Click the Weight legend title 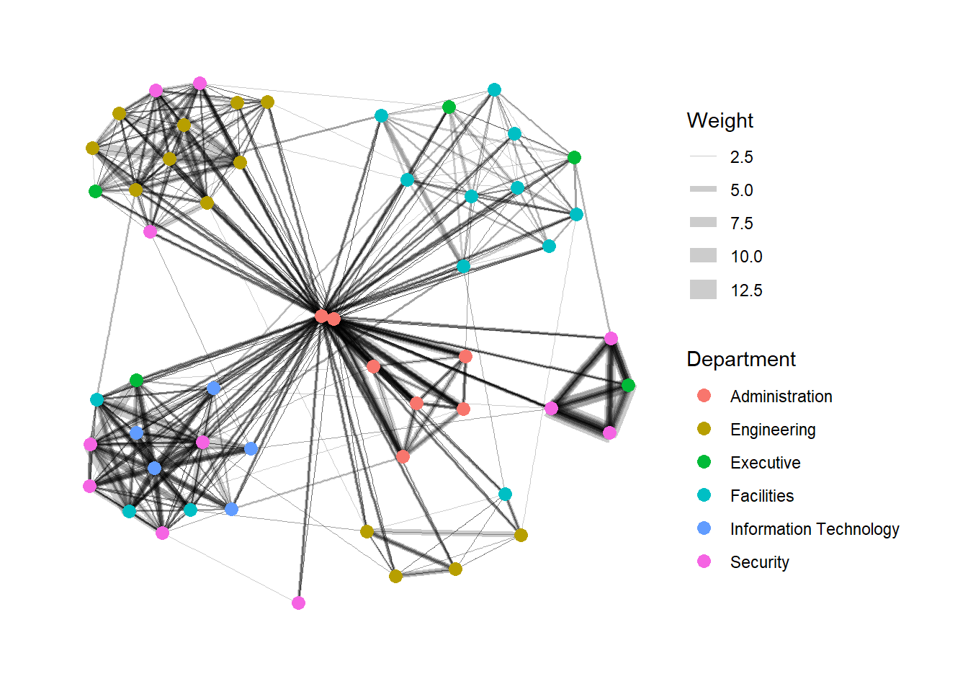pos(720,120)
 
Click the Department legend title pos(740,359)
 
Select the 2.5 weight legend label pos(741,157)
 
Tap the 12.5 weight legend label pos(745,290)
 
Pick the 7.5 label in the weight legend pos(741,223)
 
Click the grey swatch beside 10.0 pos(703,256)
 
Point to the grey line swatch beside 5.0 pos(703,190)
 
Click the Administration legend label pos(781,396)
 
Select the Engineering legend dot pos(704,429)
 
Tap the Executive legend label pos(765,463)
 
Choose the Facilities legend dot pos(704,495)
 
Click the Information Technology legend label pos(814,529)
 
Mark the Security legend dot pos(704,562)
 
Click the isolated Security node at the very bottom pos(298,603)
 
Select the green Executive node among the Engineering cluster pos(95,191)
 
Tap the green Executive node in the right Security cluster pos(628,386)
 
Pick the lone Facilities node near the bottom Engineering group pos(505,494)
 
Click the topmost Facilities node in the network pos(494,89)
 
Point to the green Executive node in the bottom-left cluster pos(136,380)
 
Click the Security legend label pos(759,562)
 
